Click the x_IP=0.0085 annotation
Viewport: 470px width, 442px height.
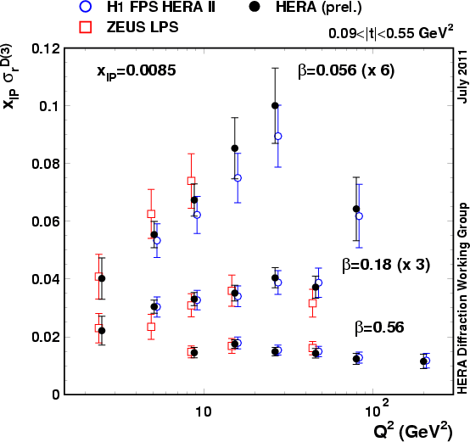click(136, 71)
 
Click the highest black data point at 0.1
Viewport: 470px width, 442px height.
click(275, 106)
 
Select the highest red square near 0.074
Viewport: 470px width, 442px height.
click(192, 181)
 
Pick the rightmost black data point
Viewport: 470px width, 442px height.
click(423, 361)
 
